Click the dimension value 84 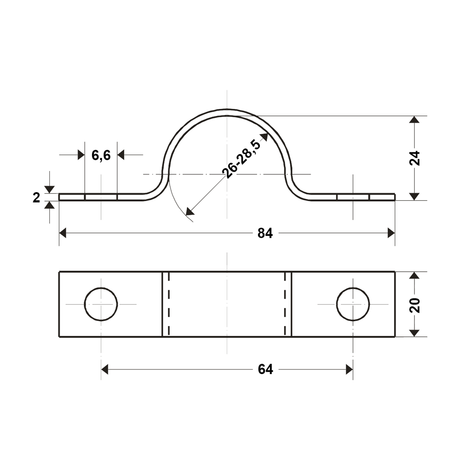(265, 233)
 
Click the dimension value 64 (265, 369)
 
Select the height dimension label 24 (415, 158)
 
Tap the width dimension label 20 (415, 305)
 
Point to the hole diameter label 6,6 (101, 155)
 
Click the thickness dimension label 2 (36, 197)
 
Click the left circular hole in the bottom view (101, 304)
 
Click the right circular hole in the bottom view (353, 304)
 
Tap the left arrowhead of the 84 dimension (63, 233)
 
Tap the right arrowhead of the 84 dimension (391, 233)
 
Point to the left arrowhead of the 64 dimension (105, 369)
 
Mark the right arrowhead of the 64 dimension (349, 369)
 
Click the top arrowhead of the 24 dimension (414, 119)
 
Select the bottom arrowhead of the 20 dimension (414, 333)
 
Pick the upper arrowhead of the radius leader (264, 137)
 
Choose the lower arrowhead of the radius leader (189, 211)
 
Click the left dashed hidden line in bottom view (169, 304)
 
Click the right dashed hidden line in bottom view (285, 304)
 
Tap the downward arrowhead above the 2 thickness (49, 189)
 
